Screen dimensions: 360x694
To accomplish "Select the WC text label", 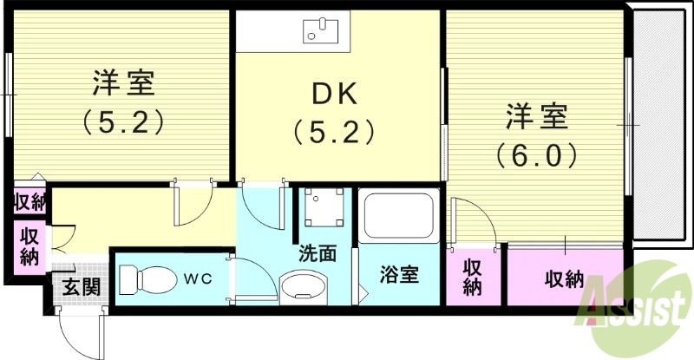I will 196,279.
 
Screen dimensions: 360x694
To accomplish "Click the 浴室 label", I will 400,277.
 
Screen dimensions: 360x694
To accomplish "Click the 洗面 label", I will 317,254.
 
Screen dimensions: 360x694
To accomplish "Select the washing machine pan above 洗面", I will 322,211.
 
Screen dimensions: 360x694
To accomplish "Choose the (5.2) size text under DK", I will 334,131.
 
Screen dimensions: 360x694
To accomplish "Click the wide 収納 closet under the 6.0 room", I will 564,279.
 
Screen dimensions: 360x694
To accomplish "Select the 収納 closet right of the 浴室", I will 471,277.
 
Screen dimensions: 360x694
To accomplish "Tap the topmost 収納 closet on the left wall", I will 29,202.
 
